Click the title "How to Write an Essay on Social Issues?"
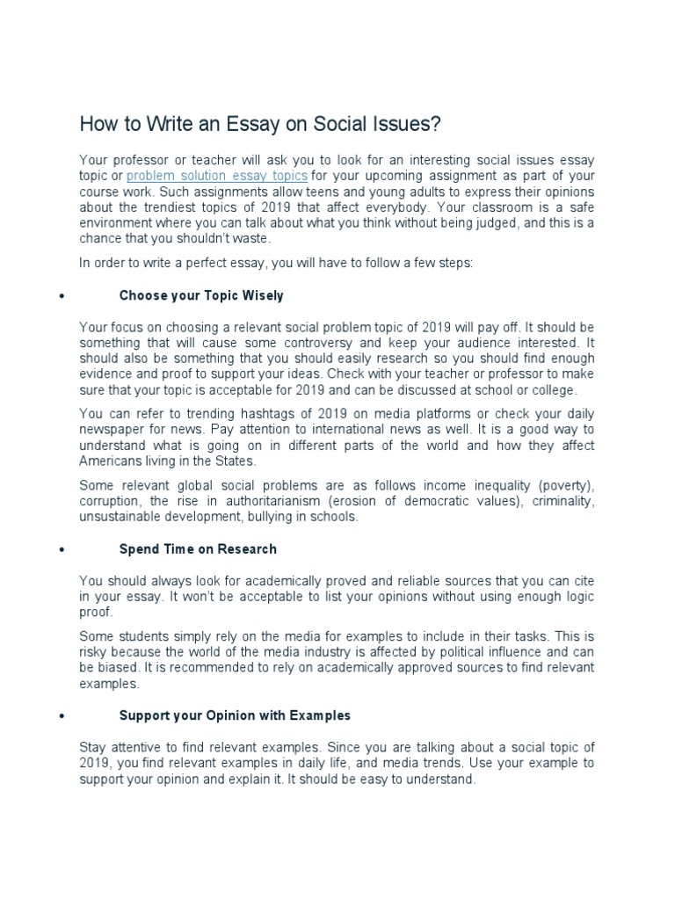259,124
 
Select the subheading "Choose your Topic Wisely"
201,295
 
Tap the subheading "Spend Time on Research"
198,548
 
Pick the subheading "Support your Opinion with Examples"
235,715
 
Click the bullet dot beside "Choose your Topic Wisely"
61,296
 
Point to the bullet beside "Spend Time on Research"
61,549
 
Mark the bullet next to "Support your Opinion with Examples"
61,716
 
